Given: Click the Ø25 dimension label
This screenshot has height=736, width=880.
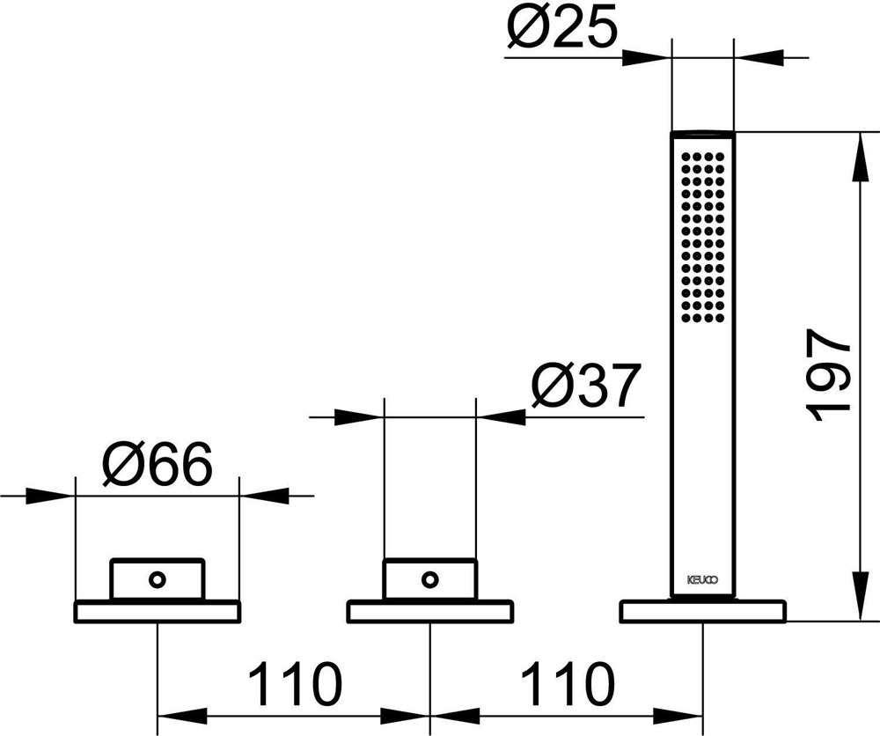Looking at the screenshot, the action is tap(561, 26).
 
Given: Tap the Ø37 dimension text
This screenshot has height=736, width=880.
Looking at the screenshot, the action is tap(586, 386).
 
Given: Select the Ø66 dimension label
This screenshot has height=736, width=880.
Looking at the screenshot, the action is tap(158, 464).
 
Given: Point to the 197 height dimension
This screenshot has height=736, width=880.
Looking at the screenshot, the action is tap(828, 375).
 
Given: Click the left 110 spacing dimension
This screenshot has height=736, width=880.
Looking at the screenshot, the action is tap(295, 683).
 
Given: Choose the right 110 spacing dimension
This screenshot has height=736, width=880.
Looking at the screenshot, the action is tap(568, 683).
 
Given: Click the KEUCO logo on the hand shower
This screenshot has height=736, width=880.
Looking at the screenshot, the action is tap(702, 580).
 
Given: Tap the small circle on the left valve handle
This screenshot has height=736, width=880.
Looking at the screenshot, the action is tap(158, 578).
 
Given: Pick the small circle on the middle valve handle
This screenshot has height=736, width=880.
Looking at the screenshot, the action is tap(430, 578).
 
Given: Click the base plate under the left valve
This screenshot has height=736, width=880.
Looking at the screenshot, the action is tap(158, 611).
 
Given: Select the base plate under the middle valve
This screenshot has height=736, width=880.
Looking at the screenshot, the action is tap(430, 611).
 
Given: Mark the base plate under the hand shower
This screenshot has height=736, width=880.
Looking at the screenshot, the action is tap(702, 611).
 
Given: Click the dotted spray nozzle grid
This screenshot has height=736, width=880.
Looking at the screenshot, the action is tap(702, 237).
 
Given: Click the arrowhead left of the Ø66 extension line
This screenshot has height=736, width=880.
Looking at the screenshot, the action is tap(50, 496).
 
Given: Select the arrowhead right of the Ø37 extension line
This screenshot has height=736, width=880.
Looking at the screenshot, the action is tap(501, 417).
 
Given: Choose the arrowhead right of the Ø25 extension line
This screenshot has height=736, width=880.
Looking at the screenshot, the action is tap(758, 57).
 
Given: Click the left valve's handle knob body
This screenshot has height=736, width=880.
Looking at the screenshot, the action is tap(158, 579).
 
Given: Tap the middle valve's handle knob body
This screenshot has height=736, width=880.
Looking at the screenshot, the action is tap(430, 579).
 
